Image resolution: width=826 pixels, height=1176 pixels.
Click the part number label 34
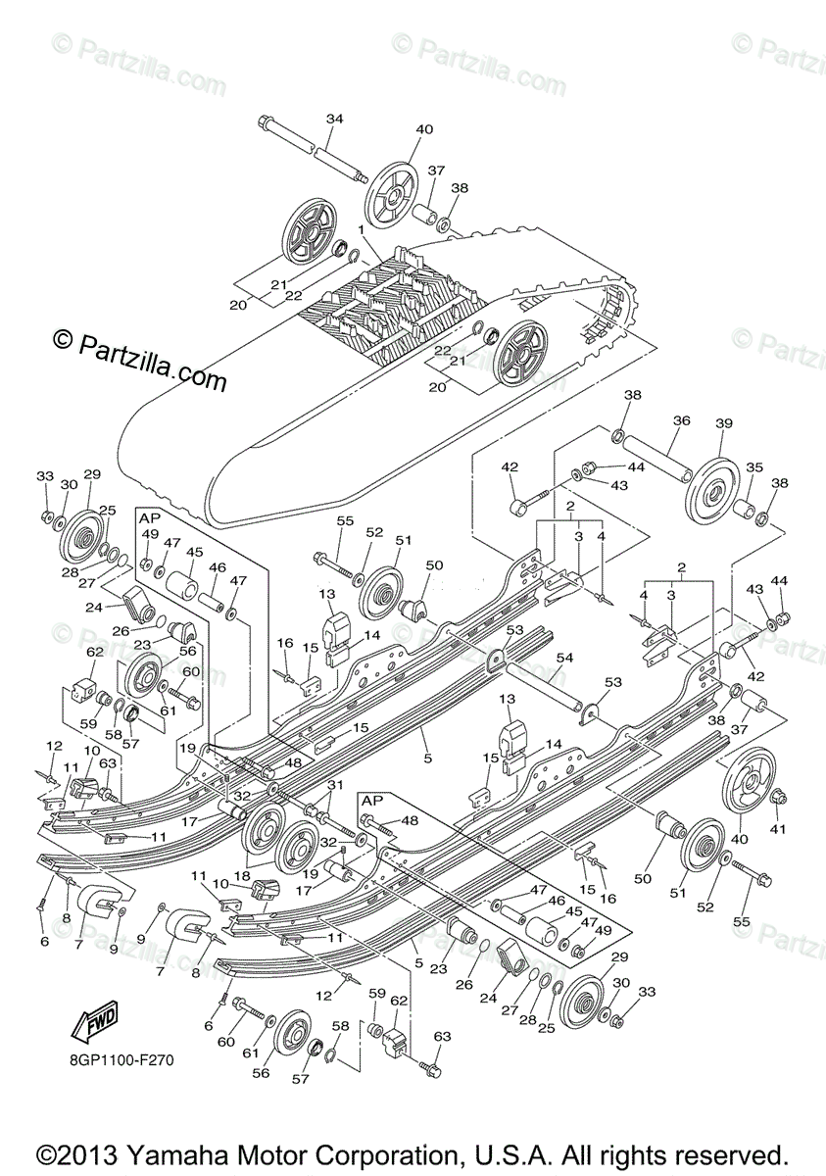pyautogui.click(x=334, y=119)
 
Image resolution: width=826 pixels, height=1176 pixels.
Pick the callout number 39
pyautogui.click(x=724, y=423)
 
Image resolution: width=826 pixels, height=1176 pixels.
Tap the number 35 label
pyautogui.click(x=754, y=467)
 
